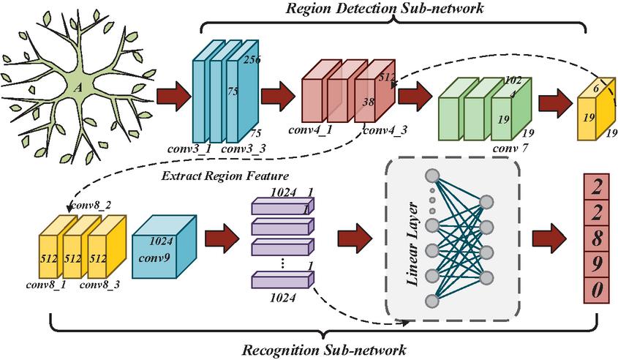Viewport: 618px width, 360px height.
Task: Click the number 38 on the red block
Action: (368, 103)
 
